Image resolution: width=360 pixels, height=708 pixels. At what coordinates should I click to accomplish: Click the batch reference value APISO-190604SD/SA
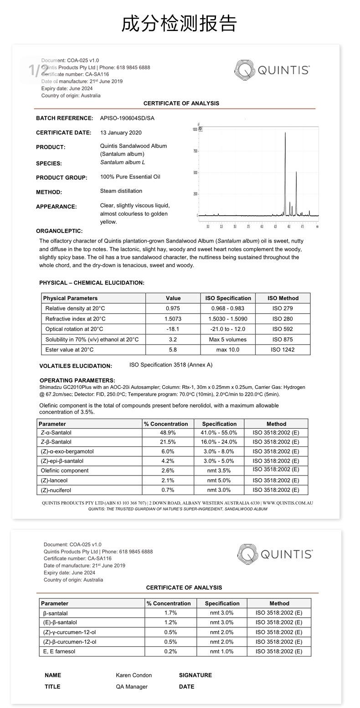point(127,119)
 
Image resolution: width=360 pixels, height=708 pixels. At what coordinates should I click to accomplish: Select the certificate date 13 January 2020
point(121,133)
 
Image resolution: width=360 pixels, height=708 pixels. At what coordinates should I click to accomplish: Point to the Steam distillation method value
point(121,191)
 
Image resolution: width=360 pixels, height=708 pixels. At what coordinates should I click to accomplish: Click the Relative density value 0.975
point(173,309)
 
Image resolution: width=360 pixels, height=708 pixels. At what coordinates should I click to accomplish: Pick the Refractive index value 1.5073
point(173,319)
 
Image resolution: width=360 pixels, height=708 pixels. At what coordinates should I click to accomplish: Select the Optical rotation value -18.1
point(173,329)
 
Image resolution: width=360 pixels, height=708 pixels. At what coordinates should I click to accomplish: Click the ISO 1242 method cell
point(283,350)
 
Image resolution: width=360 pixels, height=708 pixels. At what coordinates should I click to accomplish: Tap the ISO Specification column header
point(228,298)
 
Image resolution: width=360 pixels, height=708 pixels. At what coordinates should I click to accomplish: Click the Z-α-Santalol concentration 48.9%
point(168,433)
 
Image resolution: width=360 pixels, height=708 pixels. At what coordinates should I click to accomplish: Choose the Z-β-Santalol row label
point(56,442)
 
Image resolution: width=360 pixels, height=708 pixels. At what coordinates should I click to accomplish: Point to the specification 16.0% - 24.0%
point(219,442)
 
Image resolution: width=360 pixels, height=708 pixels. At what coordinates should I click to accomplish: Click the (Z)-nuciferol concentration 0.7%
point(168,490)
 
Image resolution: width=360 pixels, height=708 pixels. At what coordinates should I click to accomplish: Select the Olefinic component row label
point(65,470)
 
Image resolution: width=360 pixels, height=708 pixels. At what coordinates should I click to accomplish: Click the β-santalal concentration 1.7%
point(170,613)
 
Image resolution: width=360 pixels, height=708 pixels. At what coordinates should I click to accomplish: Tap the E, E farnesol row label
point(59,651)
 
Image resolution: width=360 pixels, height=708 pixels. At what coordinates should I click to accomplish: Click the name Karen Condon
point(134,675)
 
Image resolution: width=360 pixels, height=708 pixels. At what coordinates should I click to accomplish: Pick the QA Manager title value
point(132,687)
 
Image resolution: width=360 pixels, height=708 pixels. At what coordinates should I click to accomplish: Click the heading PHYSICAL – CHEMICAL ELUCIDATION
point(92,283)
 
